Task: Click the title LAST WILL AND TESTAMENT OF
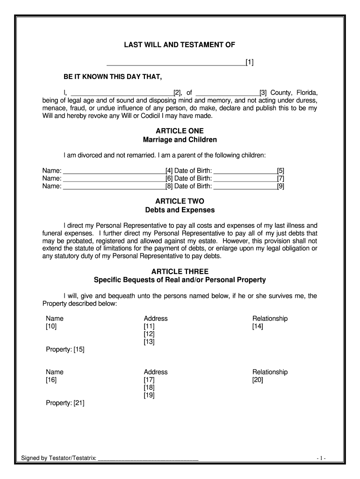point(180,45)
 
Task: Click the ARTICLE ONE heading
point(180,131)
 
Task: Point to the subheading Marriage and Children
point(180,140)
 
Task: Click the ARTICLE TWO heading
point(180,201)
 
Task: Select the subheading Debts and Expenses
point(180,210)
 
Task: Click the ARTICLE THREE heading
point(180,271)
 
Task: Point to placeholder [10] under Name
point(51,327)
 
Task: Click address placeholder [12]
point(149,334)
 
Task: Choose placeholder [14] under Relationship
point(258,327)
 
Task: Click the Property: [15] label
point(65,349)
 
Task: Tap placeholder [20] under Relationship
point(258,380)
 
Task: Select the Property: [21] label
point(65,403)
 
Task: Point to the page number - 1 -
point(321,458)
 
